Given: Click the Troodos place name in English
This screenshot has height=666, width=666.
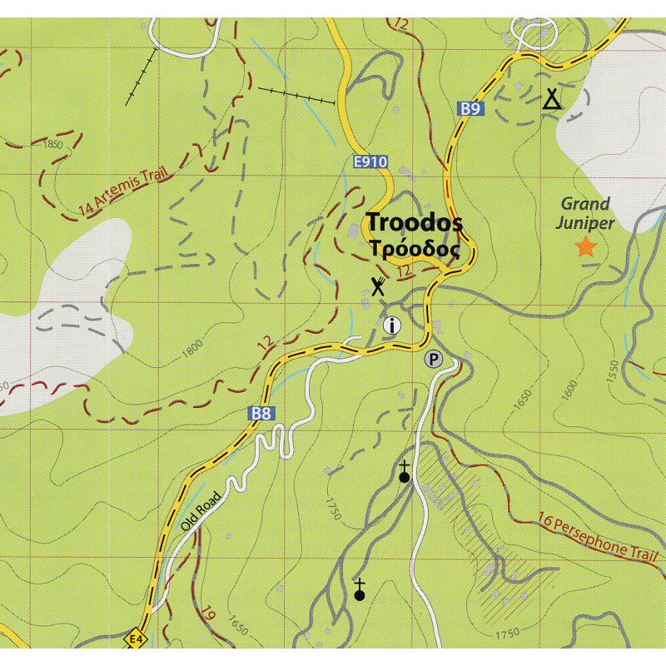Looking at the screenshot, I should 415,223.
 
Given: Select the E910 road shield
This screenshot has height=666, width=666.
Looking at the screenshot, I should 370,162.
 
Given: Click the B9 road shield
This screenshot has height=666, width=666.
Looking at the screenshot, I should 470,108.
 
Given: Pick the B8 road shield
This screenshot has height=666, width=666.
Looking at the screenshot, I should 261,412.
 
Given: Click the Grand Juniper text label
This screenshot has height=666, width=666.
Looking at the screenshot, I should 586,213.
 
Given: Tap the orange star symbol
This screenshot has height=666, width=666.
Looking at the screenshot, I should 586,246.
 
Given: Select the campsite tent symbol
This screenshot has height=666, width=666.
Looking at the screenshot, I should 551,100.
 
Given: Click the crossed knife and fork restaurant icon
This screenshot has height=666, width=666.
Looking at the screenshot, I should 378,286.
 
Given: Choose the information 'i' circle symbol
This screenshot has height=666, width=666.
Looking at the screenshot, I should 392,326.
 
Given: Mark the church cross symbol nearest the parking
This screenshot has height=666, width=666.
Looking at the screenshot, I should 405,473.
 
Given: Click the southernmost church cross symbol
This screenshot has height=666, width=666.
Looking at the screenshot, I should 360,590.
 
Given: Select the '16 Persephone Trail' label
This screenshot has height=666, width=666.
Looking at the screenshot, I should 598,536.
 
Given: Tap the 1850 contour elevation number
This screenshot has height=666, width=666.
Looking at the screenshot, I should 52,145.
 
